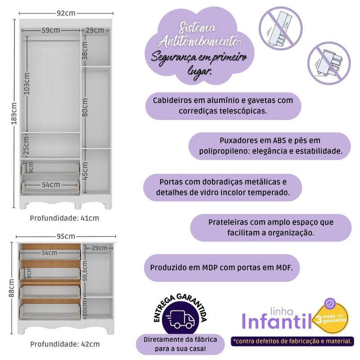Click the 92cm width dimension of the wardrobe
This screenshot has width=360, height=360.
point(66,13)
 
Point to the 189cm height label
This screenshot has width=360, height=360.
point(14,113)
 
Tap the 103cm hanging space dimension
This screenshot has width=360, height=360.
point(27,84)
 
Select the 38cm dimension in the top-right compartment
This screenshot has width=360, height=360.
point(85,50)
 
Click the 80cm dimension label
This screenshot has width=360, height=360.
point(85,107)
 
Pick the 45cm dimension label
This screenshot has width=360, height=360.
point(85,171)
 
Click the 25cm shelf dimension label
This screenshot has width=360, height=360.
point(27,145)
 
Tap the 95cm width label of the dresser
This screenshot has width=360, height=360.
point(66,236)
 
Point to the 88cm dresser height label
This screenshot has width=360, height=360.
point(12,288)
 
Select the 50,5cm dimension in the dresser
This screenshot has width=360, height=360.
point(85,271)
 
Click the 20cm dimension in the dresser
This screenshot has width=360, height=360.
point(85,309)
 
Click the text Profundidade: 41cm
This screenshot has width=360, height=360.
point(64,218)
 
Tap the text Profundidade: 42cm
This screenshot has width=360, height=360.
point(65,344)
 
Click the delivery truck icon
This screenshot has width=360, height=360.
point(180,319)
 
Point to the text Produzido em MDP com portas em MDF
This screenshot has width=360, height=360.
point(221,267)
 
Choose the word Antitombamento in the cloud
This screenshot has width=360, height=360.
point(200,42)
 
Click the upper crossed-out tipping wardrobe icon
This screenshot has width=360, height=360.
point(280,28)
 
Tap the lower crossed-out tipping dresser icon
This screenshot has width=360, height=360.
point(329,63)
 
